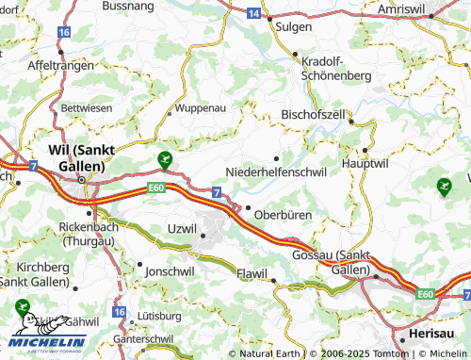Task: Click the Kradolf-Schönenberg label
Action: pyautogui.click(x=335, y=66)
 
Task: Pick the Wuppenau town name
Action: pyautogui.click(x=200, y=108)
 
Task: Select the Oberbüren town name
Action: pyautogui.click(x=283, y=215)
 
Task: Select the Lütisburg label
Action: pyautogui.click(x=159, y=315)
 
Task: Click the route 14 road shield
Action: pyautogui.click(x=254, y=14)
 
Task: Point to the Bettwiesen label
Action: pyautogui.click(x=86, y=108)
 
